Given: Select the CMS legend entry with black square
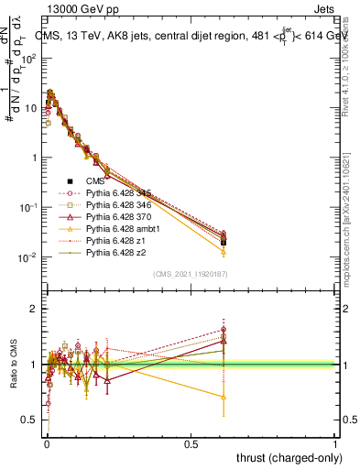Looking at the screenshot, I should pos(95,181).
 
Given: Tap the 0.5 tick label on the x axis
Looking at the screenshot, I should pos(190,442).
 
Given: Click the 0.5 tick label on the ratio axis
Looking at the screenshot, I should pos(30,420).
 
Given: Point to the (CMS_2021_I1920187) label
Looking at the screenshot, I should pos(191,274).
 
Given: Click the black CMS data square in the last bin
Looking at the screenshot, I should pos(224,243).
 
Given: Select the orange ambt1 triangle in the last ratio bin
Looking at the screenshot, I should pos(224,397).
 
